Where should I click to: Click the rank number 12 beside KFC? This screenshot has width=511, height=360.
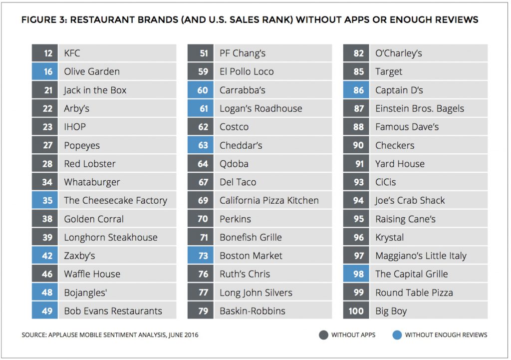pyautogui.click(x=48, y=53)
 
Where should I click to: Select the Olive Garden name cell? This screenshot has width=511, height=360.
pyautogui.click(x=92, y=72)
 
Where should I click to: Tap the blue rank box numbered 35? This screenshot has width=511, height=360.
pyautogui.click(x=48, y=201)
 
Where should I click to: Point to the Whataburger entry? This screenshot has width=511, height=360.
pyautogui.click(x=92, y=182)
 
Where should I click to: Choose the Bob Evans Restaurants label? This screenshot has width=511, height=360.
pyautogui.click(x=113, y=311)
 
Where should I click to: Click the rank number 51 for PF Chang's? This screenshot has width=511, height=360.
pyautogui.click(x=204, y=53)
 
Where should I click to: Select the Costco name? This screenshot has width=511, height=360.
pyautogui.click(x=234, y=127)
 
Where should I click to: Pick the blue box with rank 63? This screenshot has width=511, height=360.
pyautogui.click(x=204, y=145)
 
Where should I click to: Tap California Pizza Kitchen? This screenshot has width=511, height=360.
pyautogui.click(x=269, y=201)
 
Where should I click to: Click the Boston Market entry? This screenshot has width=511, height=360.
pyautogui.click(x=251, y=256)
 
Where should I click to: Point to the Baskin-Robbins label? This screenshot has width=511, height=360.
pyautogui.click(x=253, y=311)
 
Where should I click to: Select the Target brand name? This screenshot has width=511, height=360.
pyautogui.click(x=389, y=72)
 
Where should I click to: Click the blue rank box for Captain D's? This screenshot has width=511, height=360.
pyautogui.click(x=359, y=90)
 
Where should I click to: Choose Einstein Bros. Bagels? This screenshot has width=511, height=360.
pyautogui.click(x=420, y=109)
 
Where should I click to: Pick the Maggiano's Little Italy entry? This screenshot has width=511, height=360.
pyautogui.click(x=421, y=256)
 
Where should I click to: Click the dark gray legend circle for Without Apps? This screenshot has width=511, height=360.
pyautogui.click(x=324, y=335)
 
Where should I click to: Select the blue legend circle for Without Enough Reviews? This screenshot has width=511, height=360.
pyautogui.click(x=397, y=335)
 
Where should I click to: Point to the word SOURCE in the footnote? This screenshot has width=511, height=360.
pyautogui.click(x=33, y=335)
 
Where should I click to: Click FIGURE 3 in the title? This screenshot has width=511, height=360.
pyautogui.click(x=44, y=20)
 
